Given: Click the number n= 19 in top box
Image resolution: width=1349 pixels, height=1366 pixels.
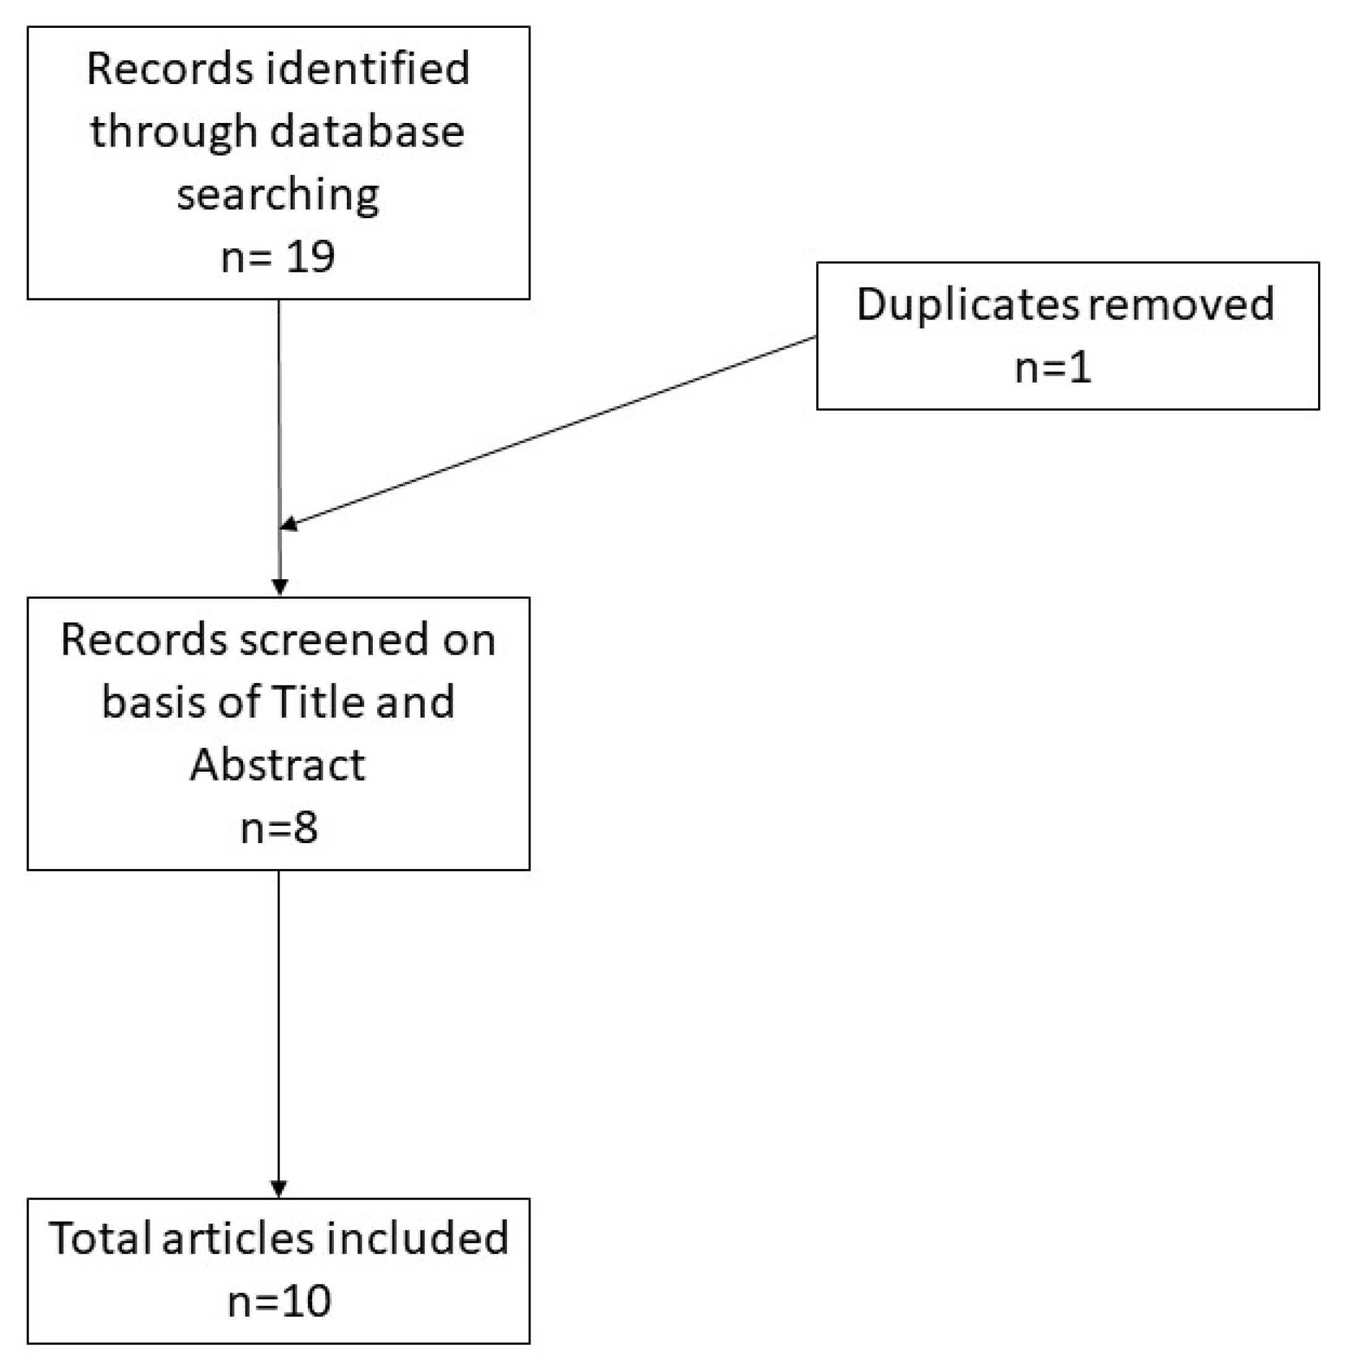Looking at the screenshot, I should pos(278,257).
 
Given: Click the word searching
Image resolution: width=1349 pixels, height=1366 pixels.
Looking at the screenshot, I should pos(278,195).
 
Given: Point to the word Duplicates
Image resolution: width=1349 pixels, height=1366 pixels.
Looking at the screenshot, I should pos(967,305).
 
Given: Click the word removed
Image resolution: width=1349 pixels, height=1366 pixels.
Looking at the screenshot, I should pos(1180,304).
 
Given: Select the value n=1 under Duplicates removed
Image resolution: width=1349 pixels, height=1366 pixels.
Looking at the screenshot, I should pos(1053,368).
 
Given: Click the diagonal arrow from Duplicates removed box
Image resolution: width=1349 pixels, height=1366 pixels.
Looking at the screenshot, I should pos(551,431).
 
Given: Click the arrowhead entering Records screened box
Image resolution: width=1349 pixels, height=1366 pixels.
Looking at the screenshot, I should pos(280,586).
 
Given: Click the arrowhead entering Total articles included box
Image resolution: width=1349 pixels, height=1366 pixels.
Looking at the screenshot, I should pos(279,1188).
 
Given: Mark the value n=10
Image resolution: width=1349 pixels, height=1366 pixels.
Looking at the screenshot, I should pos(279,1301).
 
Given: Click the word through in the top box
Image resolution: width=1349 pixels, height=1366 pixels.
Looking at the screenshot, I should pos(173,133).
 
